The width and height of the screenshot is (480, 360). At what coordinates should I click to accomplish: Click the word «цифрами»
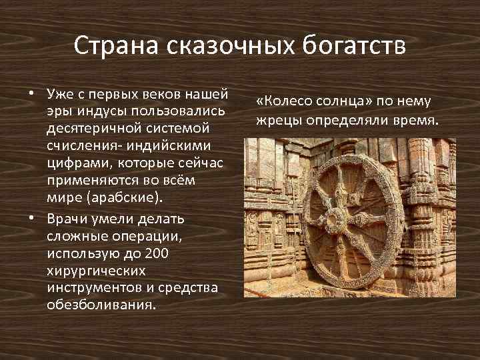(x=72, y=164)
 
